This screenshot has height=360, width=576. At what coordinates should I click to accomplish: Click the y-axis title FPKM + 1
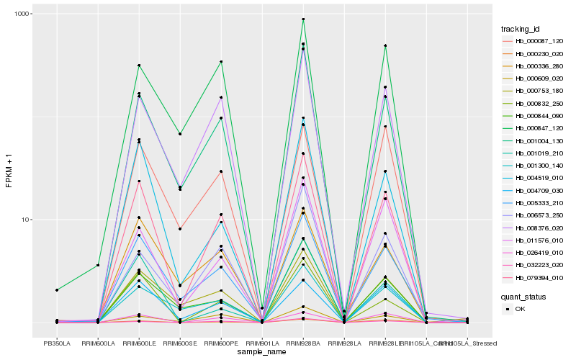tap(9, 169)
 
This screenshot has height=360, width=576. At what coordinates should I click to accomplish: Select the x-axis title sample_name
tap(262, 352)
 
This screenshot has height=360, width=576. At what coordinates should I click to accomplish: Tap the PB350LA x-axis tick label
tap(57, 342)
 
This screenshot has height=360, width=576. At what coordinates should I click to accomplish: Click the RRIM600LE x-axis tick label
tap(139, 342)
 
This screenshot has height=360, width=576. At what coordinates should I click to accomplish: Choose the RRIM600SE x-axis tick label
tap(180, 342)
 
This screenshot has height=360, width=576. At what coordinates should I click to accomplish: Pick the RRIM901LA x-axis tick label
tap(262, 342)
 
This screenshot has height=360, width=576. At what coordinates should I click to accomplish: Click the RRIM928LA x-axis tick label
tap(344, 342)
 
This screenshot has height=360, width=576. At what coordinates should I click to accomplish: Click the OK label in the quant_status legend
tap(521, 309)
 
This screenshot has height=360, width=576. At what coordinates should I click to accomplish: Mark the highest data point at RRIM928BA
tap(303, 19)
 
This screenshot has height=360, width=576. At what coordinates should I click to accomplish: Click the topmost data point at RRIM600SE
tap(180, 134)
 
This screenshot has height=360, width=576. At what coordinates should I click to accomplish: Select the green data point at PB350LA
tap(57, 290)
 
